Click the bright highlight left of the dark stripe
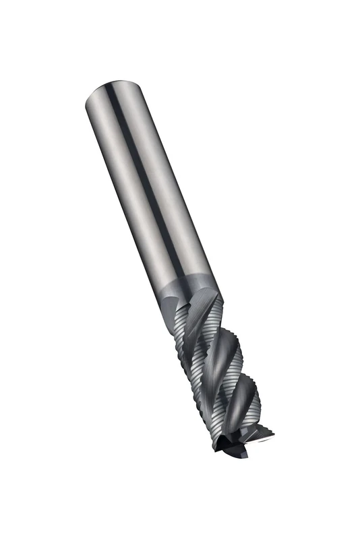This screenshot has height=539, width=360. pos(125,182)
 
